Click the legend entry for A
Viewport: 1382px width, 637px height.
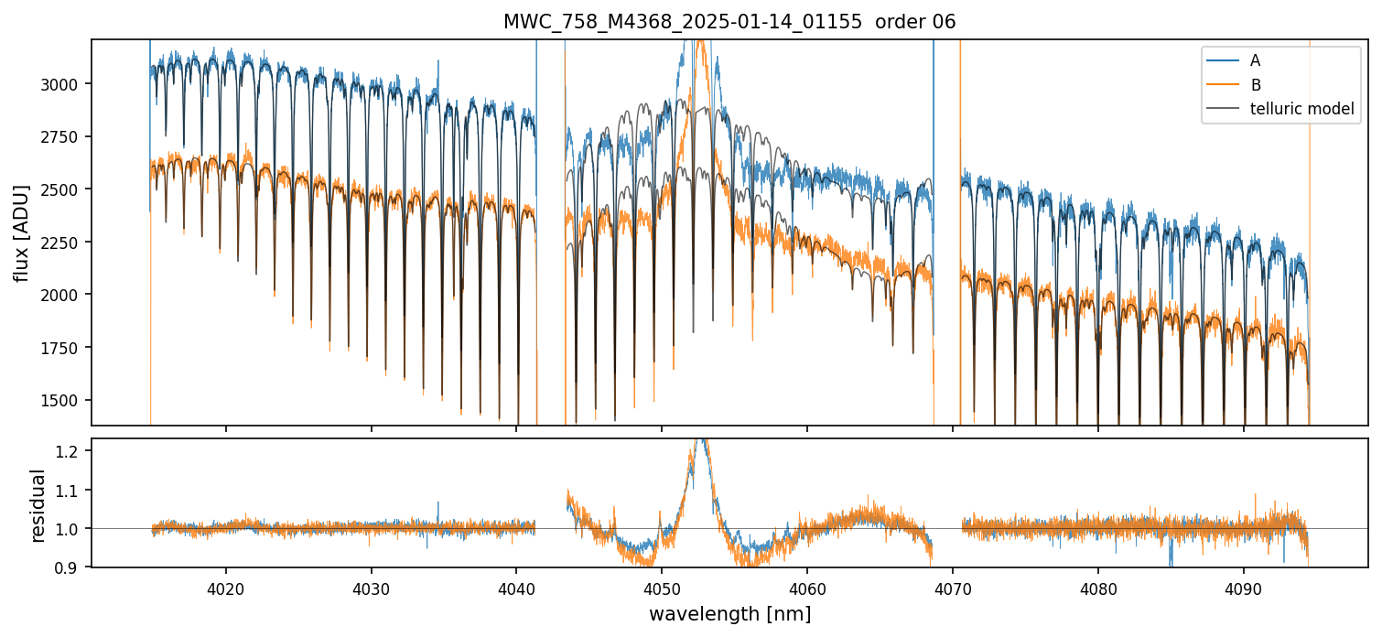coord(1255,60)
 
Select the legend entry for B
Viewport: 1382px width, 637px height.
coord(1255,85)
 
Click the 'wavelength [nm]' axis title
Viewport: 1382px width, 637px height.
coord(729,614)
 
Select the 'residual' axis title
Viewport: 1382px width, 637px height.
coord(38,505)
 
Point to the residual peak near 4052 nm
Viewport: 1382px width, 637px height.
coord(701,443)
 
